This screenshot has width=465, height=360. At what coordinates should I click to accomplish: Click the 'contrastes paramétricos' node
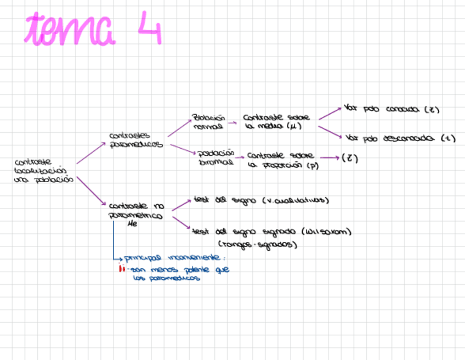click(x=136, y=140)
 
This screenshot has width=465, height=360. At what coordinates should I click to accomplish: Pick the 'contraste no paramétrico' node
click(x=136, y=211)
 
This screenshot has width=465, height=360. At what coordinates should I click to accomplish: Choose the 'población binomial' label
click(x=216, y=157)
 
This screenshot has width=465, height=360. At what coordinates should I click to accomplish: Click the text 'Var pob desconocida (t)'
click(x=401, y=139)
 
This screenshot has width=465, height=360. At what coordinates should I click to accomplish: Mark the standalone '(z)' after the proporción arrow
click(x=349, y=159)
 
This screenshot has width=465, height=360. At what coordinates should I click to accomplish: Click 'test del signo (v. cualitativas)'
click(x=260, y=200)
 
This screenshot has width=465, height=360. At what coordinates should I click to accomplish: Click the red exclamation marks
click(x=122, y=269)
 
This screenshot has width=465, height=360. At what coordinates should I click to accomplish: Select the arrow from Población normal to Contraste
click(x=232, y=123)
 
